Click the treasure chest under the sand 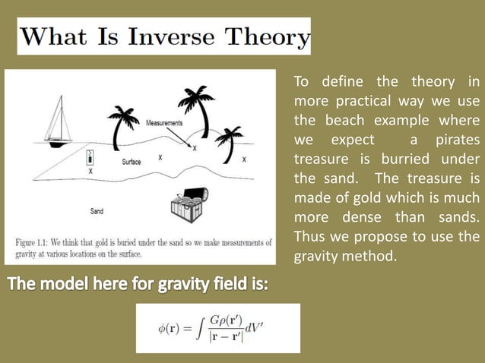pyautogui.click(x=187, y=204)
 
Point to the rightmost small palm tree pyautogui.click(x=228, y=141)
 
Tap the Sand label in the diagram pyautogui.click(x=97, y=210)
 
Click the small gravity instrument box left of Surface pyautogui.click(x=90, y=158)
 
